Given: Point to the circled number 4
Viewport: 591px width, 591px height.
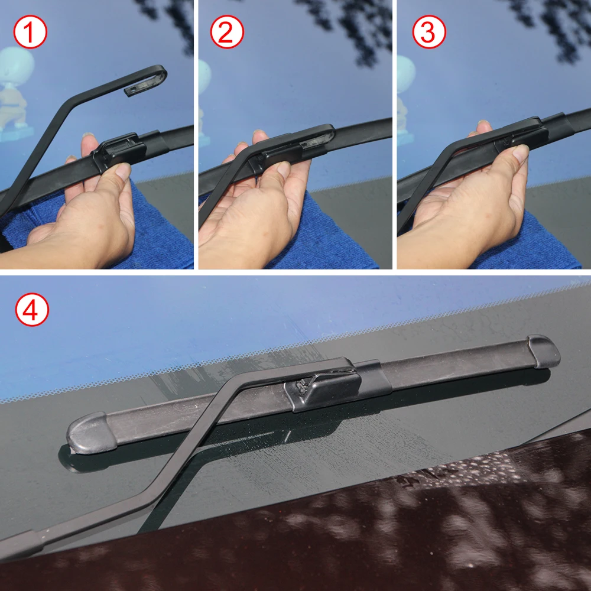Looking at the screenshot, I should (31, 310).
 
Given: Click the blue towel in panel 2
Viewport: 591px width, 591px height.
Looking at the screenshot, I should (337, 236).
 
